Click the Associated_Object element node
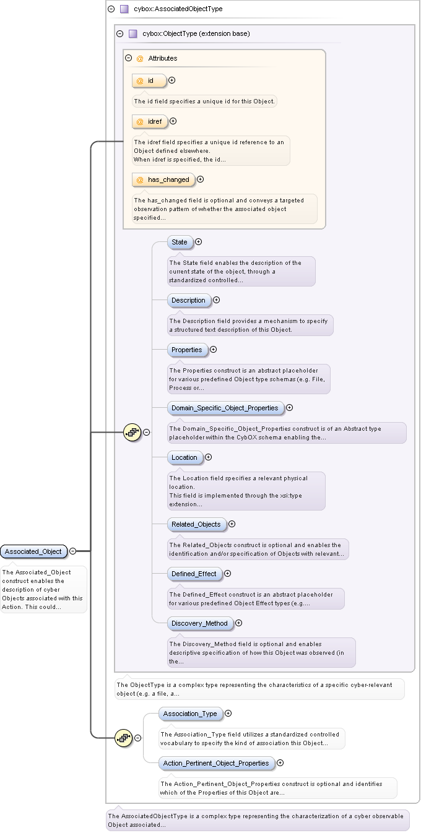click(33, 551)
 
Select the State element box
click(180, 242)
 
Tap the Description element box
click(189, 301)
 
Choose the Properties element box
click(187, 350)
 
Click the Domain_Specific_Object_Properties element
click(225, 408)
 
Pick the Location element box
click(184, 457)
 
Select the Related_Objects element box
click(196, 524)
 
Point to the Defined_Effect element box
click(194, 574)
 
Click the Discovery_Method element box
click(200, 623)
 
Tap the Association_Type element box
click(191, 714)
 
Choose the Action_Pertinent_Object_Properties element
click(217, 763)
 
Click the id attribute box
click(149, 80)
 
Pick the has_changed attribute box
click(163, 180)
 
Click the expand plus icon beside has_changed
click(201, 179)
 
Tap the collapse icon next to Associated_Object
click(73, 551)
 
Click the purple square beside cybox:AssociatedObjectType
click(124, 9)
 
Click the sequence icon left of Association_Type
click(124, 738)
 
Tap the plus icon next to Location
click(209, 457)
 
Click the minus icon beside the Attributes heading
click(129, 58)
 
